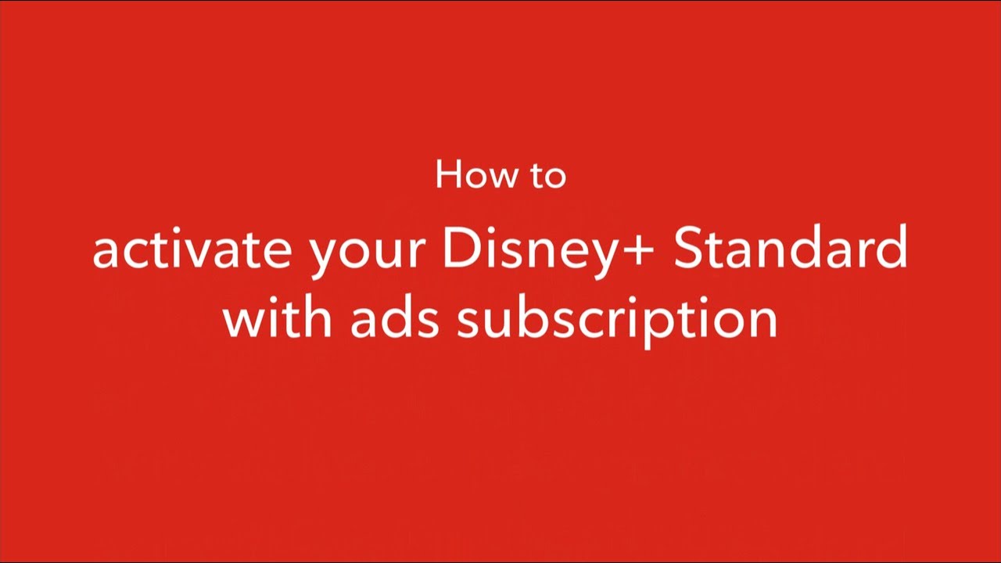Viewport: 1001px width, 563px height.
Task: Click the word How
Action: point(476,174)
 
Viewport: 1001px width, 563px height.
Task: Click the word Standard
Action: point(791,247)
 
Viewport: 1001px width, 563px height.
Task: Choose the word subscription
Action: point(617,321)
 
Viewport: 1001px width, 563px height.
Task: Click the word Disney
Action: point(530,253)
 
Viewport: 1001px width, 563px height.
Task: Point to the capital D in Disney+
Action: point(462,247)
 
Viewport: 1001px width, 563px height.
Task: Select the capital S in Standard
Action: point(689,247)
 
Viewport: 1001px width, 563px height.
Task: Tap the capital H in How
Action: point(449,174)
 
